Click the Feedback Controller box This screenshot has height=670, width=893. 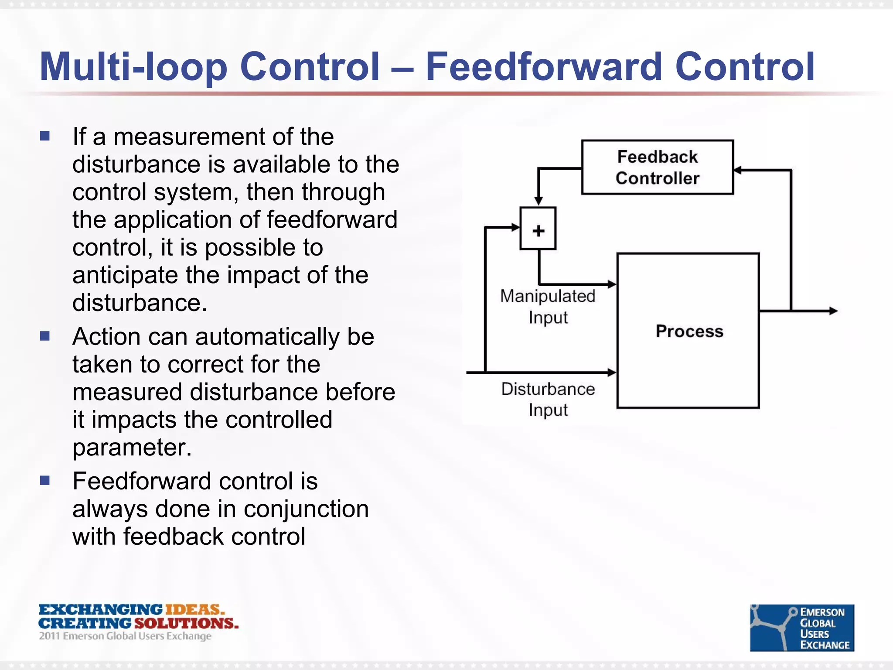coord(657,167)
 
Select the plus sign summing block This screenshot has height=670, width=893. coord(538,229)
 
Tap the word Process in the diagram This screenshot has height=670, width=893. coord(689,331)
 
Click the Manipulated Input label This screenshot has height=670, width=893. coord(548,306)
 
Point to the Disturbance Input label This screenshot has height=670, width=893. coord(548,399)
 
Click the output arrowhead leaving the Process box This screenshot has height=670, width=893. coord(833,311)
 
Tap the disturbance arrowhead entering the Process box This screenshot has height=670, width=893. coord(612,373)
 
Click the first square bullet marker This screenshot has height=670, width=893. coord(45,136)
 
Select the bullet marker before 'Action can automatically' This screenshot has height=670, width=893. coord(45,336)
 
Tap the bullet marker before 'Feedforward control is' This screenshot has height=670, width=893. coord(45,480)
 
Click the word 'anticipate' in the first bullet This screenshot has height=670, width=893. coord(125,276)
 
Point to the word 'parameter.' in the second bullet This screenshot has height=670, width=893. coord(132,447)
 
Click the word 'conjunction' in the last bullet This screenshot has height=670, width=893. coord(306,509)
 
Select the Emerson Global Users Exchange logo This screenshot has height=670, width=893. coord(801,628)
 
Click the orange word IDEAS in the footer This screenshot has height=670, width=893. coord(194,609)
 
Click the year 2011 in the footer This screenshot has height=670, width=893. coord(49,636)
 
